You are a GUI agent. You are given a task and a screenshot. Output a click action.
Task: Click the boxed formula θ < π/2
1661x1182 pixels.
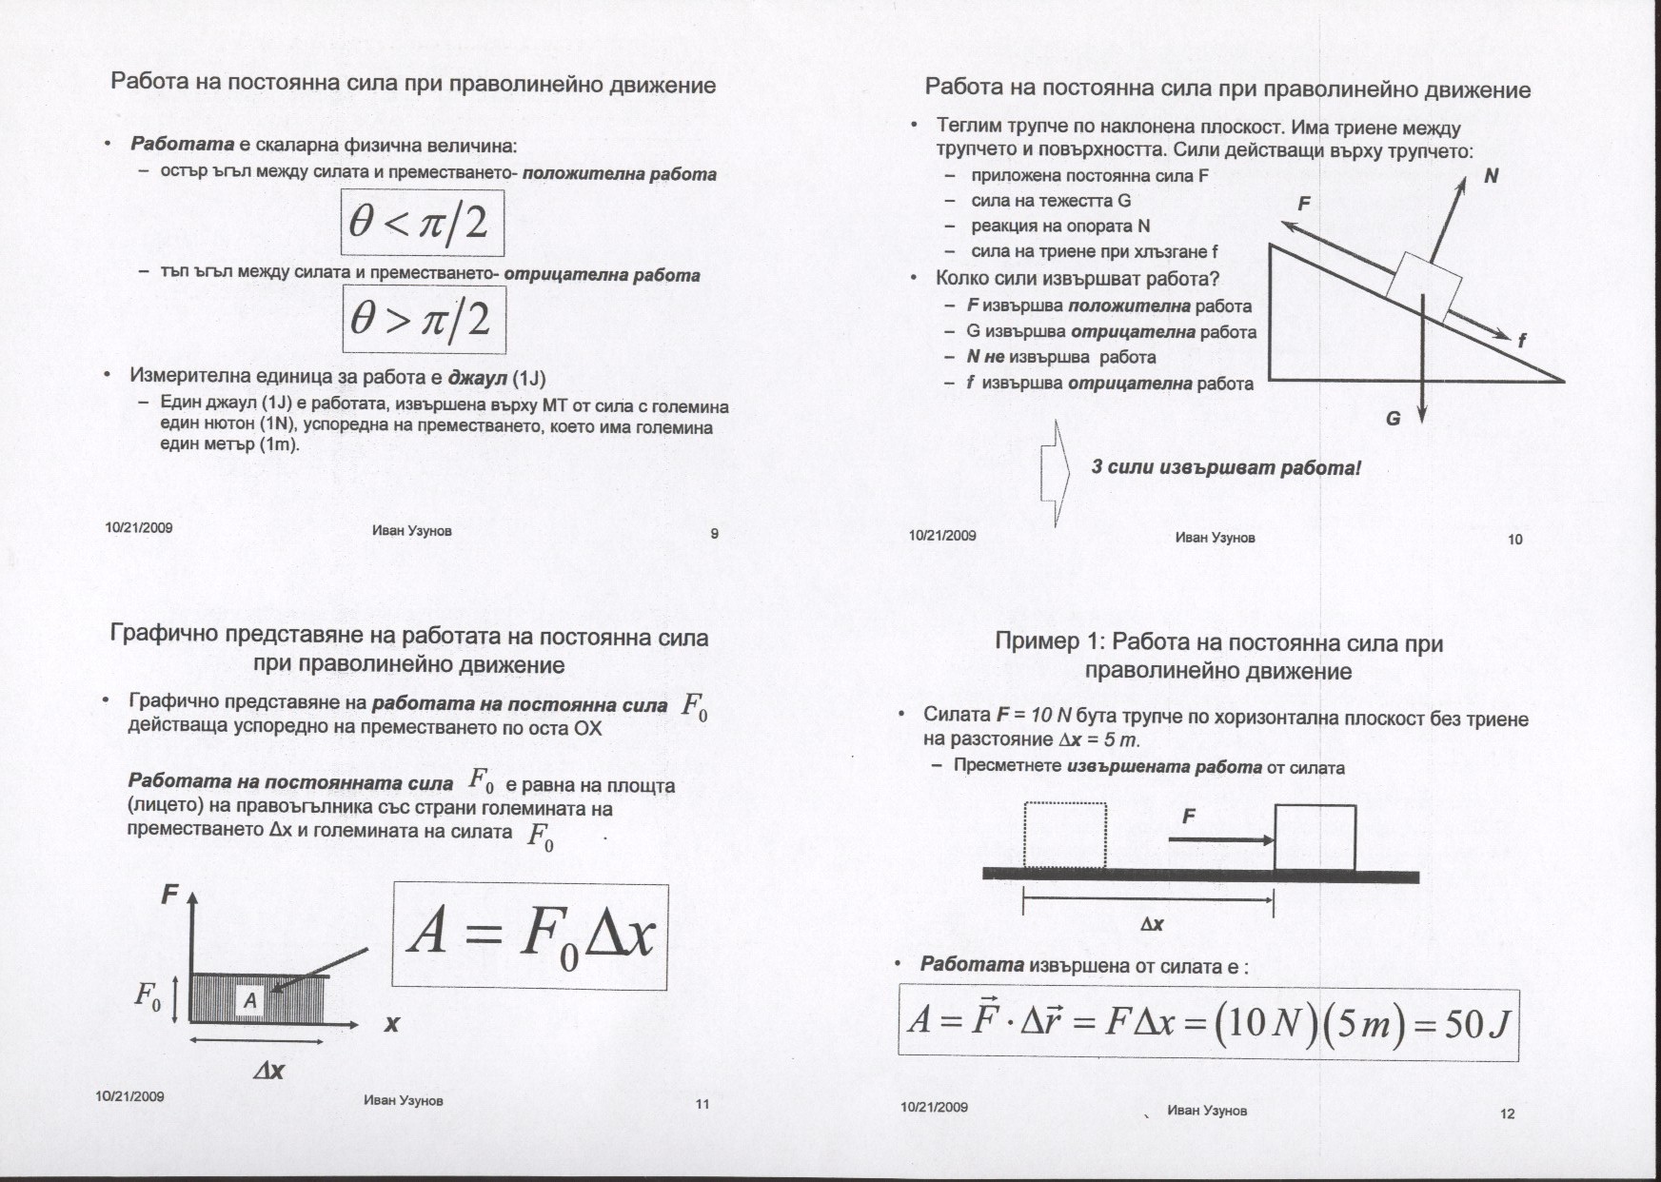click(422, 223)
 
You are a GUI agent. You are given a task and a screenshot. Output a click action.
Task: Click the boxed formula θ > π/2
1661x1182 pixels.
click(424, 320)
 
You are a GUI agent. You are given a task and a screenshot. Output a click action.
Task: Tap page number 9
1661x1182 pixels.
click(715, 534)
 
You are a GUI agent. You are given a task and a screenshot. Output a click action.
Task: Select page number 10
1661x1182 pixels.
click(1515, 540)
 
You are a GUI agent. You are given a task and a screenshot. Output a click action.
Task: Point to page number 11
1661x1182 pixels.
click(702, 1105)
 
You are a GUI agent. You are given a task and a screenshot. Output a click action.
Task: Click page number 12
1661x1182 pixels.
click(1507, 1113)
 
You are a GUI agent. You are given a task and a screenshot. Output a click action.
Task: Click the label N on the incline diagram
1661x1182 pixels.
click(1491, 176)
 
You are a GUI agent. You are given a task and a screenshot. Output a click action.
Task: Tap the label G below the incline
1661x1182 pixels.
click(1393, 418)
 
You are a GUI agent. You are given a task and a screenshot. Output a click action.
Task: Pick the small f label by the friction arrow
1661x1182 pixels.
click(1521, 340)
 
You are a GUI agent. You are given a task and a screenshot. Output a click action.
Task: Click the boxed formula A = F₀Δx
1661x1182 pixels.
click(530, 936)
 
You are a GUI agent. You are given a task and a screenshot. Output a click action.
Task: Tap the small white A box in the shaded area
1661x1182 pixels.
click(250, 1000)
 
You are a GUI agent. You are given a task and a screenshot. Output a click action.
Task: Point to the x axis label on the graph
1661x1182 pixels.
click(391, 1025)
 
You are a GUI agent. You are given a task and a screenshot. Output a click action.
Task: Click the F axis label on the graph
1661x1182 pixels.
click(169, 895)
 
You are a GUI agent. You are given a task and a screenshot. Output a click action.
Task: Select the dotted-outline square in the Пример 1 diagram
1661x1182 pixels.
click(1065, 836)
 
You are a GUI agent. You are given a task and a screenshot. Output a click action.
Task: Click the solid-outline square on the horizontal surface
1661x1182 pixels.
click(1315, 837)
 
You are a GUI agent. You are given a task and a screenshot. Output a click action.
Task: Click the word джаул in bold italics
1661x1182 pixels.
click(479, 377)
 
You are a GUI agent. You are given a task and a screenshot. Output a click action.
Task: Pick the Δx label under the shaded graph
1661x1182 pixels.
click(268, 1071)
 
